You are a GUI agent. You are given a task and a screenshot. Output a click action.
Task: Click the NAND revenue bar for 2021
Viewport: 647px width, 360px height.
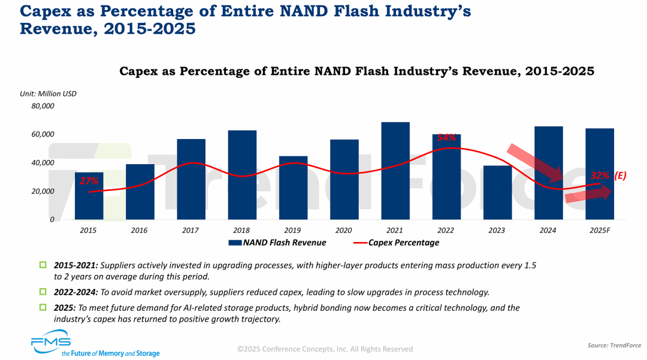tap(395, 171)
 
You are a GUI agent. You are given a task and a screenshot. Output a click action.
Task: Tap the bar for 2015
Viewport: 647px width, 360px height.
tap(89, 196)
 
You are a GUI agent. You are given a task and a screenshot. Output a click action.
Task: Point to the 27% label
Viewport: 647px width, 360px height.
tap(89, 181)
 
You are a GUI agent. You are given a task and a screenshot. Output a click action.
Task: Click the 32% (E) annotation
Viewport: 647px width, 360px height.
tap(607, 176)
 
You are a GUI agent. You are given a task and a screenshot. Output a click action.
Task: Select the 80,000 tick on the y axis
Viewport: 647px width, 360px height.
tap(43, 106)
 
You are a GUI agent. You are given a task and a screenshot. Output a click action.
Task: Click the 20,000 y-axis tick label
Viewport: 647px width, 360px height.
tap(43, 191)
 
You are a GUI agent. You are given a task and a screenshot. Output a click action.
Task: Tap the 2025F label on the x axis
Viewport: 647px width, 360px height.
tap(599, 230)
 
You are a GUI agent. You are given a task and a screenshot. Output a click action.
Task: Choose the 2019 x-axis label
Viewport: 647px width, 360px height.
tap(293, 230)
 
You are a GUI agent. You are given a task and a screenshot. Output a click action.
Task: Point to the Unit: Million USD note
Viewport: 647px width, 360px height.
tap(48, 93)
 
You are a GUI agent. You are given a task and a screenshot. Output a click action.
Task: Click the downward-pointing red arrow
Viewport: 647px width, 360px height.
tap(535, 162)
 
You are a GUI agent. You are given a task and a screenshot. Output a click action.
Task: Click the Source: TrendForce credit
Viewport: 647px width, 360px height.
tap(614, 346)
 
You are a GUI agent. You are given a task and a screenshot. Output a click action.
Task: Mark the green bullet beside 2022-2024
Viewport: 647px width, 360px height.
tap(43, 292)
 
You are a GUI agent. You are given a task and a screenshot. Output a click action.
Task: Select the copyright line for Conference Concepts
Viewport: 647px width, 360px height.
tap(325, 349)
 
